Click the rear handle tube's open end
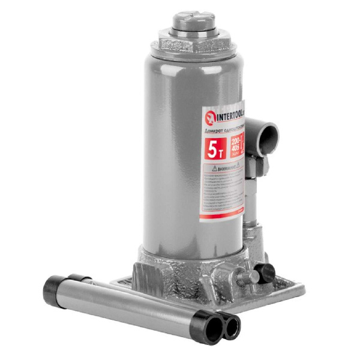coord(230,326)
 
